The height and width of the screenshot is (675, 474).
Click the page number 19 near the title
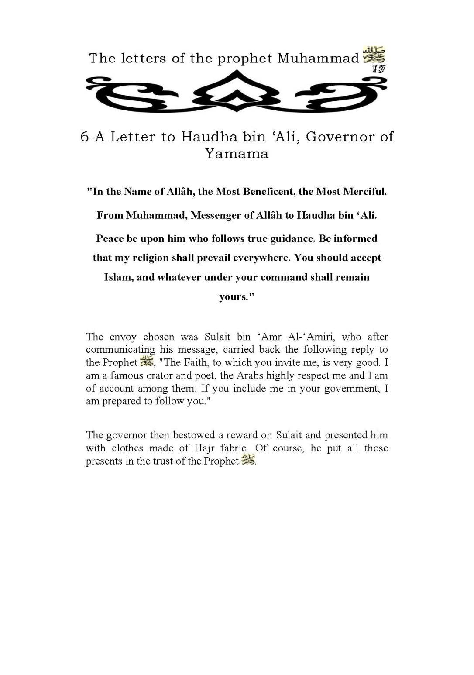(x=378, y=68)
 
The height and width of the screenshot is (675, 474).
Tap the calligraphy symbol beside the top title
(x=374, y=55)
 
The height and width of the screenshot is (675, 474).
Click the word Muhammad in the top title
(x=318, y=58)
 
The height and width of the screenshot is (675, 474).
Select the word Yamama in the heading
(x=237, y=154)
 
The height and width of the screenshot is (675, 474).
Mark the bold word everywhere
(x=261, y=258)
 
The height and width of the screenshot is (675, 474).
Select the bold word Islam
(x=118, y=277)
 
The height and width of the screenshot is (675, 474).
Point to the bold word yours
(x=236, y=297)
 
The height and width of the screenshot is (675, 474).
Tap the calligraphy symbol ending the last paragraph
(x=248, y=460)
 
